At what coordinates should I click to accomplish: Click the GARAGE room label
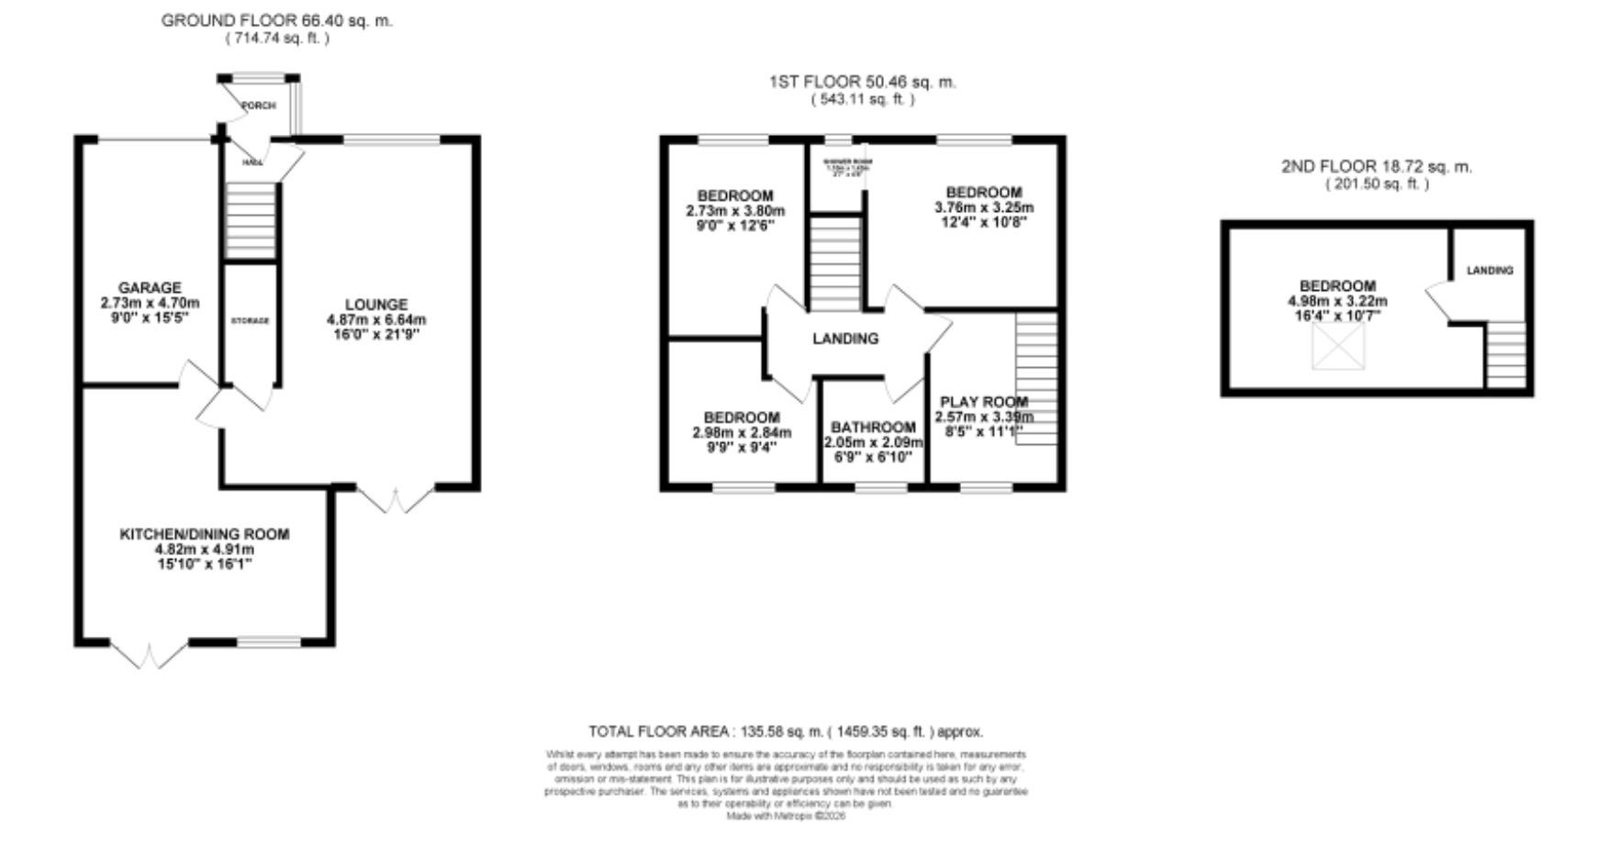coord(150,287)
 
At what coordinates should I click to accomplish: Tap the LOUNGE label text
coord(376,305)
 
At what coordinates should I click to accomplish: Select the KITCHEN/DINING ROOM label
coord(205,534)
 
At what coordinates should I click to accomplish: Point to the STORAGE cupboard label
coord(250,321)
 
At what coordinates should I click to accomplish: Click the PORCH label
coord(258,106)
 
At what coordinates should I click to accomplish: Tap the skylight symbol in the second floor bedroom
coord(1338,347)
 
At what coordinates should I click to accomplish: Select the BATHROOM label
coord(873,428)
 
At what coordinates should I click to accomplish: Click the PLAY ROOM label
coord(984,402)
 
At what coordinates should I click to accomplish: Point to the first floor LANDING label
coord(845,339)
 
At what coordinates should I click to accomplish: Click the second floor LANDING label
coord(1489,271)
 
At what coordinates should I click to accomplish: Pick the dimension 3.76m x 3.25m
coord(984,207)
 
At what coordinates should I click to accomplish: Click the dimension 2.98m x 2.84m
coord(742,432)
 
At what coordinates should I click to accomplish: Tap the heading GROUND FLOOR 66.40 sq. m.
coord(276,20)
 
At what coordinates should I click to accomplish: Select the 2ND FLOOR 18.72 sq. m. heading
coord(1376,167)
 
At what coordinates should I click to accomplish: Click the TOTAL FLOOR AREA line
coord(786,731)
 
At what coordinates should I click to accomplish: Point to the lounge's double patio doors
coord(395,499)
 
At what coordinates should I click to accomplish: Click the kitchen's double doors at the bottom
coord(150,654)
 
